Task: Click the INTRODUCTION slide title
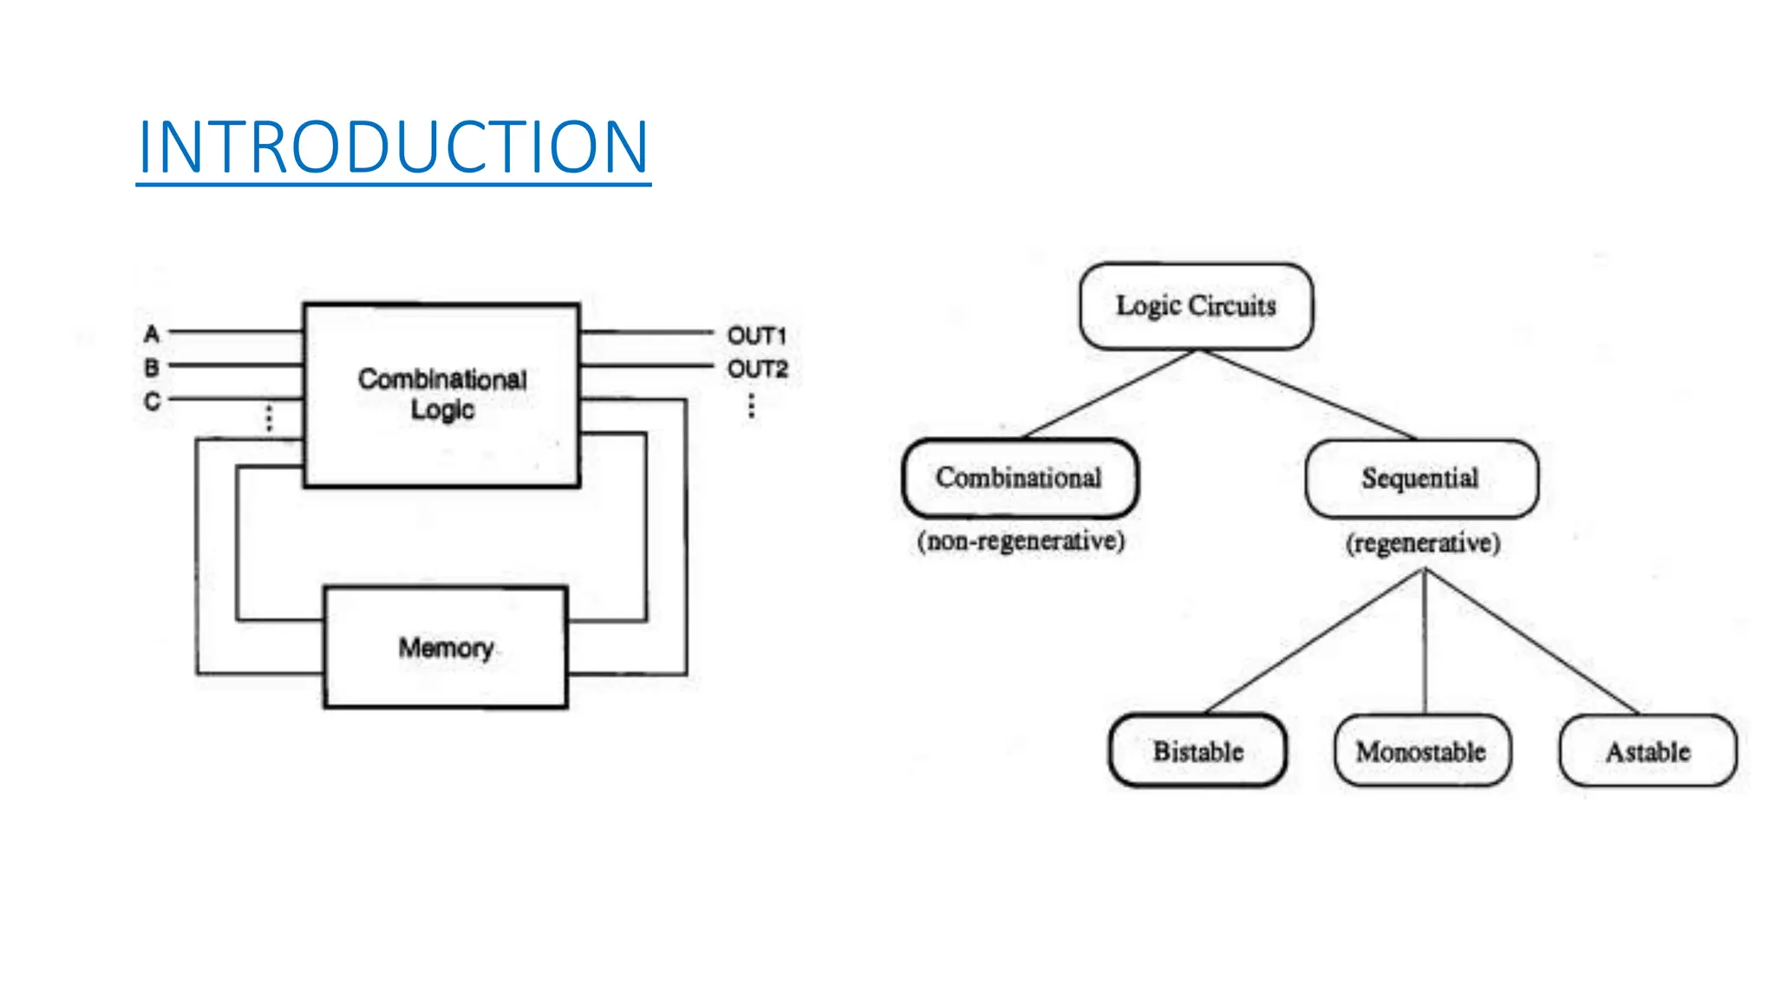click(x=393, y=147)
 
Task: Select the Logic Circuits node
click(x=1196, y=306)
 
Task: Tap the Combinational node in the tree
click(x=1019, y=478)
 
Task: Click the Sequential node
click(x=1420, y=479)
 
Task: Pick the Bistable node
click(x=1198, y=751)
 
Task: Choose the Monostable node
click(x=1421, y=751)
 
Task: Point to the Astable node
click(x=1648, y=751)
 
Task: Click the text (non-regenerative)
click(x=1021, y=541)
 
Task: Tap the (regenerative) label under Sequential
click(x=1422, y=544)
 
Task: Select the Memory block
click(x=446, y=648)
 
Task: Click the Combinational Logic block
click(x=441, y=395)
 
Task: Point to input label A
click(x=152, y=334)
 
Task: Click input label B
click(x=152, y=368)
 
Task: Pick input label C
click(x=152, y=402)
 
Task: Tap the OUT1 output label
click(x=756, y=336)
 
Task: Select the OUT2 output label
click(x=757, y=369)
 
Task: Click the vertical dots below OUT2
click(x=751, y=406)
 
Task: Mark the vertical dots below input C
click(x=269, y=418)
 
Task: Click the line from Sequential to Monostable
click(x=1424, y=642)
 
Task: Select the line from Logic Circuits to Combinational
click(x=1110, y=394)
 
